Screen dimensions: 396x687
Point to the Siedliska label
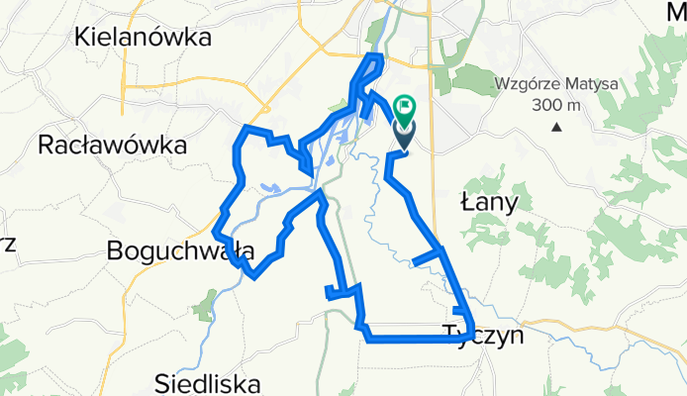pyautogui.click(x=208, y=382)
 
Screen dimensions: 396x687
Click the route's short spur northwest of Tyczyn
pyautogui.click(x=427, y=258)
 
